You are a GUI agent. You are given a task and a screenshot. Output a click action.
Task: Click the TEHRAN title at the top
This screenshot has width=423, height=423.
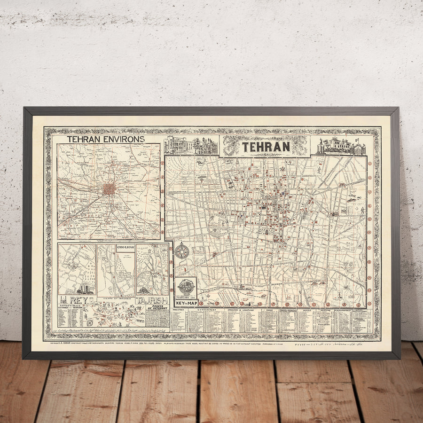(266, 146)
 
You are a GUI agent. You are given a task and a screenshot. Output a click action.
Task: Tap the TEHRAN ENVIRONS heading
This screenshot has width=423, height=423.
(105, 139)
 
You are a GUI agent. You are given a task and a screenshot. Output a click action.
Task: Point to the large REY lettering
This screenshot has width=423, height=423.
(76, 300)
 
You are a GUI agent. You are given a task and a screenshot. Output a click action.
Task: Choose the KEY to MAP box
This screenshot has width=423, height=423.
(186, 303)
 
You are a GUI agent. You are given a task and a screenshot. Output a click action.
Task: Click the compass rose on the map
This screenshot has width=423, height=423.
(181, 251)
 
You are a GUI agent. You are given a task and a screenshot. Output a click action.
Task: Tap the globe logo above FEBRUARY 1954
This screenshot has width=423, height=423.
(186, 286)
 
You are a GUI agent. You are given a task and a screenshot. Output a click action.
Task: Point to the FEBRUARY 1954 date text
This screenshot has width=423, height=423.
(186, 296)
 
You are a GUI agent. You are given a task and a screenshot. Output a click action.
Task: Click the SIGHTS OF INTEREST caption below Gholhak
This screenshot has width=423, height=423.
(116, 298)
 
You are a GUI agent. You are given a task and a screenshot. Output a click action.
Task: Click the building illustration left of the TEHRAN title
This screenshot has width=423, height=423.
(191, 146)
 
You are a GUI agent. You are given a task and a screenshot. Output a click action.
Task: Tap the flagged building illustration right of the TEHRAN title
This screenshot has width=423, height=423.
(341, 146)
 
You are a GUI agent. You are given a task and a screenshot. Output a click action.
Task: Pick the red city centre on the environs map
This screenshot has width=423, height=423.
(109, 189)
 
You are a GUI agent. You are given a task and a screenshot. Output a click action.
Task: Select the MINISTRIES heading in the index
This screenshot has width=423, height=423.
(179, 311)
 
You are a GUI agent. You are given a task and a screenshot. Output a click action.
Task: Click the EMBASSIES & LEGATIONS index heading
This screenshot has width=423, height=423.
(239, 311)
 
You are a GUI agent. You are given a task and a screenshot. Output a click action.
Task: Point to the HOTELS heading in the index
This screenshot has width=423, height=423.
(307, 311)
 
